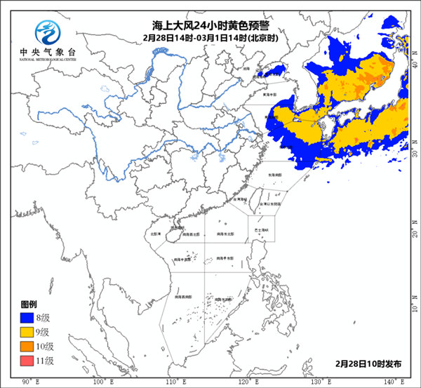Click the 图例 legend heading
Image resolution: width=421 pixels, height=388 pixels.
coord(29,305)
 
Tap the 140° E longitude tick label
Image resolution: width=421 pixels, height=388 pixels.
coord(392,382)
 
